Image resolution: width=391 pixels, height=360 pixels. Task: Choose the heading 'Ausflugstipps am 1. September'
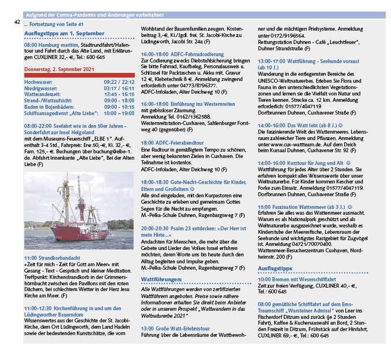(x=64, y=34)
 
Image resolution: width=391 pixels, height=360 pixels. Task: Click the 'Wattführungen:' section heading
(x=161, y=280)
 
